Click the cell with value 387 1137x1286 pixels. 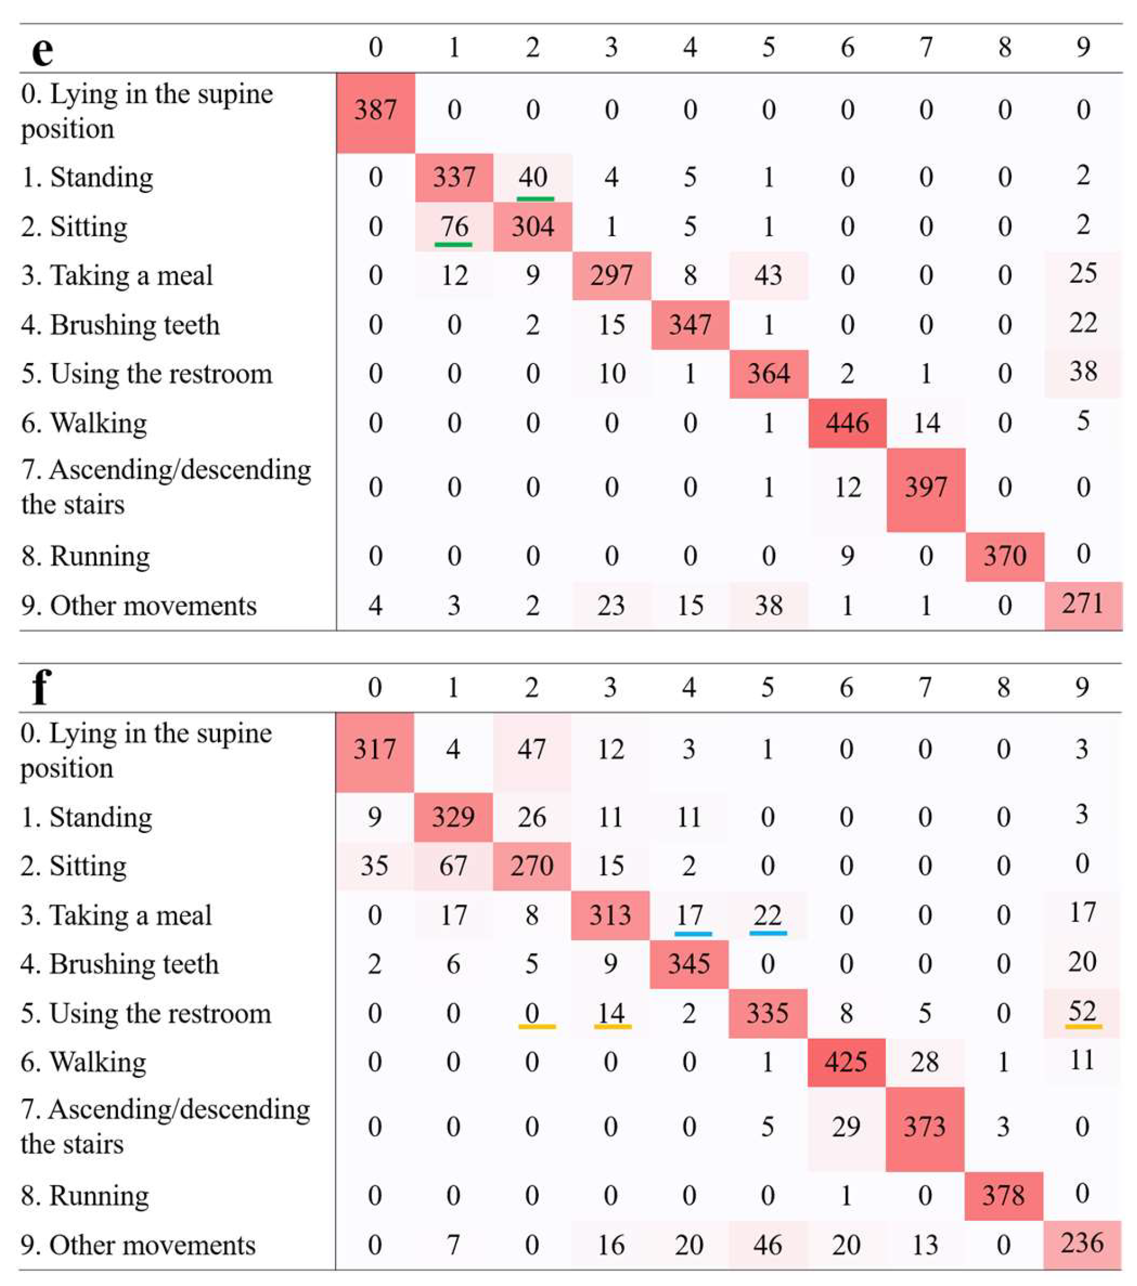pos(375,111)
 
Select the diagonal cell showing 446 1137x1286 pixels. pos(847,423)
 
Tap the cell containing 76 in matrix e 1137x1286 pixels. pos(454,226)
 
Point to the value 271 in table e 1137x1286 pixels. pos(1082,604)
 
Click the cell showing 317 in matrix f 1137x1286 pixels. pos(375,750)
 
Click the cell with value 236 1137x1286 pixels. pos(1082,1243)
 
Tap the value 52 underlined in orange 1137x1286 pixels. pos(1082,1012)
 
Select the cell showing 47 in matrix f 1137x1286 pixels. pos(532,750)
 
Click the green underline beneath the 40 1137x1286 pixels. pos(535,199)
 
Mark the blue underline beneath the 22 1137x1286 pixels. pos(768,933)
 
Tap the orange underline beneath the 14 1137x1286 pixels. pos(611,1026)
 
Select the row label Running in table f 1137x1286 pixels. pos(85,1196)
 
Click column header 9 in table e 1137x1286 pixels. pos(1082,47)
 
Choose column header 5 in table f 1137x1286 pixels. pos(767,687)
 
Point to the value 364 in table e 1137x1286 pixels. pos(768,375)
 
